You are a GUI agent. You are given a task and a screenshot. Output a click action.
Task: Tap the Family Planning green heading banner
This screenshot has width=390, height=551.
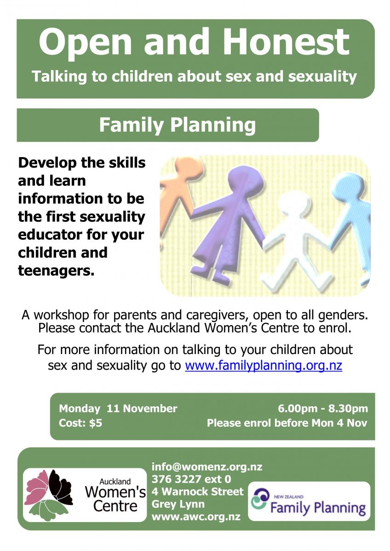click(x=168, y=125)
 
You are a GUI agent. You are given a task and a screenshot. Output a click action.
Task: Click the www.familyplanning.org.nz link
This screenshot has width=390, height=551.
click(x=264, y=365)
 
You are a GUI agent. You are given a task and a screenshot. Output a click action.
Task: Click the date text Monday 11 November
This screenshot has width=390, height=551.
click(x=118, y=409)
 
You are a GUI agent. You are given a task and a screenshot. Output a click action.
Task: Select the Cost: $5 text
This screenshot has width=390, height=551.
click(x=80, y=423)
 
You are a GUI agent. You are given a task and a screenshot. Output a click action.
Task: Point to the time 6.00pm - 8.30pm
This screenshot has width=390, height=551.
click(x=323, y=409)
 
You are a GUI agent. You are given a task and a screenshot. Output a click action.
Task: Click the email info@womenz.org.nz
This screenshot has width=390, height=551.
click(x=207, y=467)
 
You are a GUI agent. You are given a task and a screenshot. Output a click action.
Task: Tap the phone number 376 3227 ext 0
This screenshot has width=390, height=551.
click(x=191, y=479)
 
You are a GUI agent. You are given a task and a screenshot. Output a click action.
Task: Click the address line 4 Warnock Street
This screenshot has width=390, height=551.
click(x=198, y=491)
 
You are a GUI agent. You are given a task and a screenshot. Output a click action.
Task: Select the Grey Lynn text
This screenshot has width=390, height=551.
click(x=178, y=504)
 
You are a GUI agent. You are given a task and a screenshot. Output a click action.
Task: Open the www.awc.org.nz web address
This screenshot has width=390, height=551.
click(x=196, y=517)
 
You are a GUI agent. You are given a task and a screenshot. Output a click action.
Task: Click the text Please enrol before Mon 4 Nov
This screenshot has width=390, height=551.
click(x=287, y=423)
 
